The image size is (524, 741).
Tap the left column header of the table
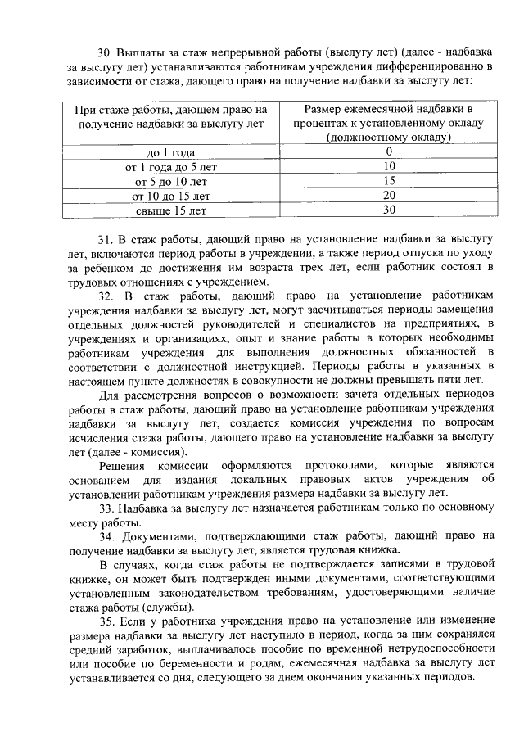(x=170, y=115)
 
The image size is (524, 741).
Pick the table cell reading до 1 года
(x=170, y=151)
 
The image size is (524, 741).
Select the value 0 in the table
(x=389, y=151)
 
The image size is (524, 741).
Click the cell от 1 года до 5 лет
(x=170, y=166)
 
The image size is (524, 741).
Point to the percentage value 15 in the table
(x=389, y=181)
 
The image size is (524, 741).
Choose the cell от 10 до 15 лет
(x=170, y=196)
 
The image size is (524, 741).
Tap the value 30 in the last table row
(x=389, y=210)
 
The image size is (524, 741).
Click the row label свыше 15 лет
(x=170, y=210)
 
